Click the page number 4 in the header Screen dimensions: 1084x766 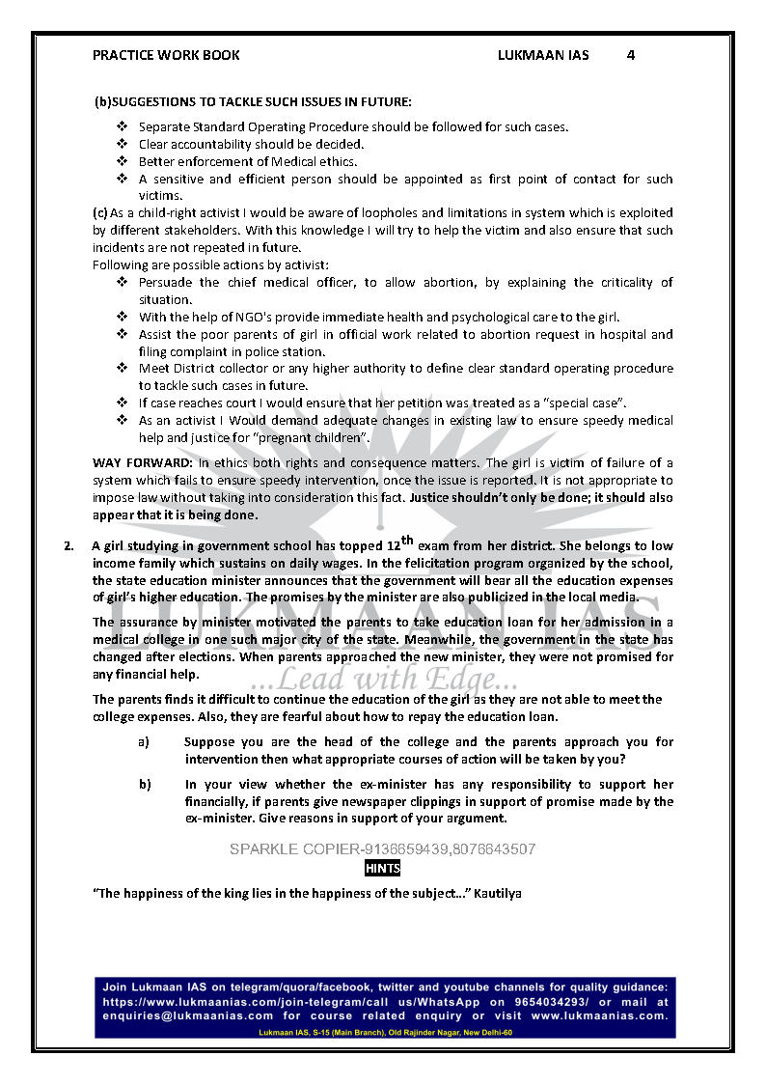point(630,55)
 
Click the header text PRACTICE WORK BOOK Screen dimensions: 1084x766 point(166,55)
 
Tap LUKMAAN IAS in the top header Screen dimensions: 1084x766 point(543,55)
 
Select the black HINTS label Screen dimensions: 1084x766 point(383,869)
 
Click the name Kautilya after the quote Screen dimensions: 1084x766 point(498,894)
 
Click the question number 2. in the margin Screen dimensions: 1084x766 point(68,546)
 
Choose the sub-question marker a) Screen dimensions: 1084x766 point(144,742)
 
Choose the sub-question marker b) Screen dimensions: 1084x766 point(144,785)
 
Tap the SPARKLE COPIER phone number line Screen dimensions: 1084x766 point(382,849)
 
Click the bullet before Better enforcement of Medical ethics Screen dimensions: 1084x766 point(123,161)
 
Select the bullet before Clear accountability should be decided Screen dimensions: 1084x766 point(123,144)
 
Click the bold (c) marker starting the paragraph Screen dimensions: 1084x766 point(100,213)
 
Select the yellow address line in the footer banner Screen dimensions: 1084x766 point(386,1032)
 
